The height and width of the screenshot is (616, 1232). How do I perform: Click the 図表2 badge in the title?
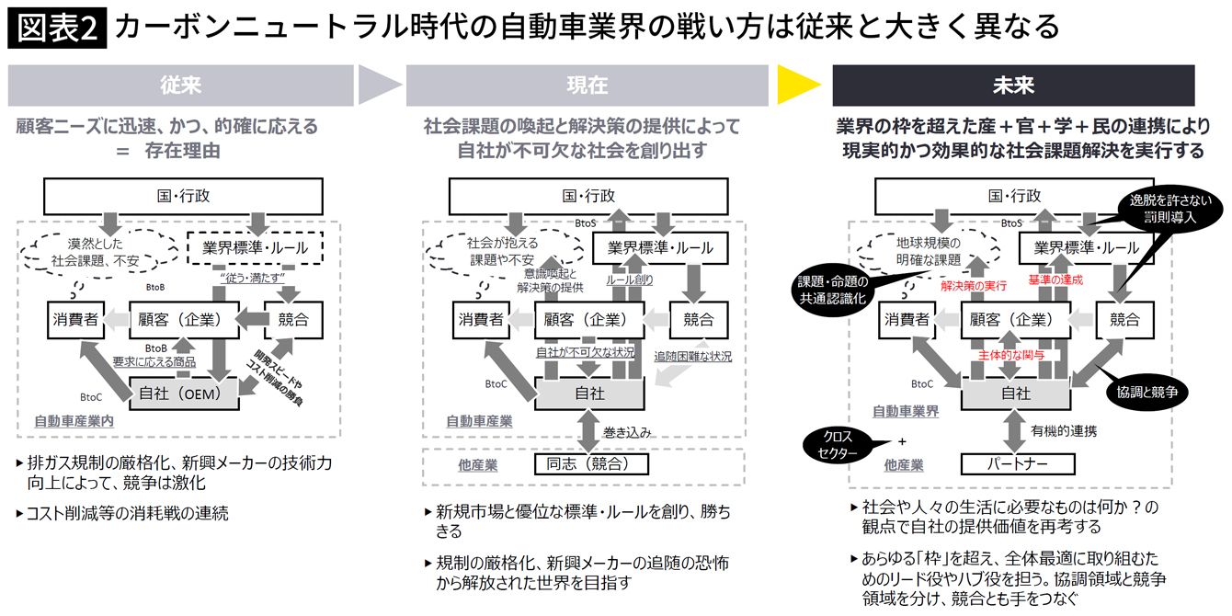(x=56, y=29)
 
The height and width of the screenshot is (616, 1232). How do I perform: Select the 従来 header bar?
(x=180, y=86)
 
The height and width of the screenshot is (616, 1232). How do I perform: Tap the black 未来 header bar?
(x=1013, y=86)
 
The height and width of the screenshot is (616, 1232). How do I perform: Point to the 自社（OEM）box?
(x=184, y=393)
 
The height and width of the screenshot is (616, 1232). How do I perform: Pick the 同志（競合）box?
(x=592, y=463)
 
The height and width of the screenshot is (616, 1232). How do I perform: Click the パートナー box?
(x=1017, y=463)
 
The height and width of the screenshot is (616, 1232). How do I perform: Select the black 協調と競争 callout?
(x=1150, y=392)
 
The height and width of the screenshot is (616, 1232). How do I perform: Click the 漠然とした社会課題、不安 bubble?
(x=100, y=251)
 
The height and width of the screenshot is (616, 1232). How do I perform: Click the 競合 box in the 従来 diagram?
(x=291, y=320)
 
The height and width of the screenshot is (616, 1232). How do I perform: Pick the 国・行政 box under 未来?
(x=1015, y=196)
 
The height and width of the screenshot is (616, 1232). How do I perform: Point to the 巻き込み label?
(x=625, y=430)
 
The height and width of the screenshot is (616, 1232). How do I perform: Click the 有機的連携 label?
(x=1064, y=430)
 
